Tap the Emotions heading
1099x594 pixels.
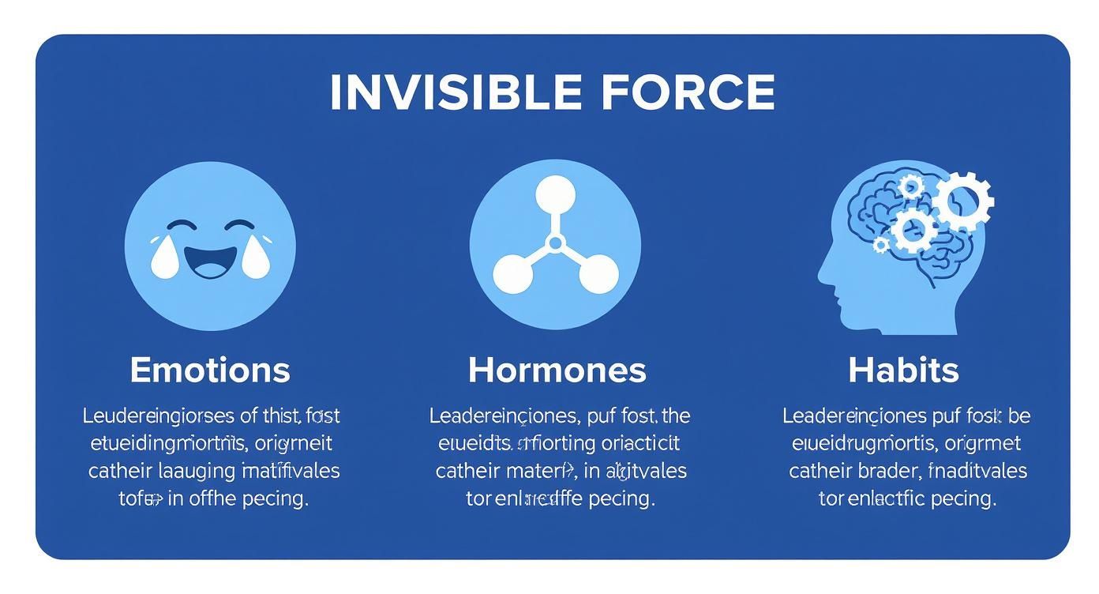[210, 370]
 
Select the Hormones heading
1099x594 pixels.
[557, 370]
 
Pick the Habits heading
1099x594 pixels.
[903, 370]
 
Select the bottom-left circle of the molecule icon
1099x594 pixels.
[513, 273]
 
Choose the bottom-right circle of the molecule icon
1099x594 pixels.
[598, 273]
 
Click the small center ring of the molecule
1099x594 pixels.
[555, 242]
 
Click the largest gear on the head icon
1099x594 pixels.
[963, 199]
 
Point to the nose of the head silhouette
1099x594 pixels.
[823, 273]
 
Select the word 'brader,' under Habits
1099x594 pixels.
[887, 472]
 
